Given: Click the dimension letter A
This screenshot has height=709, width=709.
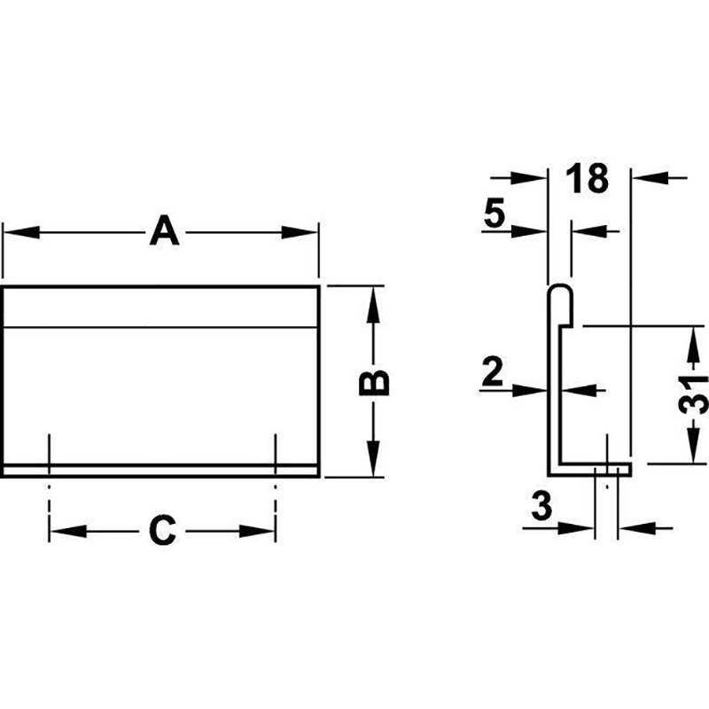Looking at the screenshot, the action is [164, 231].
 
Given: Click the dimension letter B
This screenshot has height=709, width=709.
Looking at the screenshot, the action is [374, 383].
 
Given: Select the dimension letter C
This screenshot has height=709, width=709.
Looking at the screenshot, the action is [162, 530].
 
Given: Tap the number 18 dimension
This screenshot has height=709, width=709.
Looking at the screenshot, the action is [588, 178].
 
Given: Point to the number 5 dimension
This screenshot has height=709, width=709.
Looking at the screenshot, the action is [495, 213].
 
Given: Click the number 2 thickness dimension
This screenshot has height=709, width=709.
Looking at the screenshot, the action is [493, 371].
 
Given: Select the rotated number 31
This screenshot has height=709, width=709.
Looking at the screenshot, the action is [693, 393].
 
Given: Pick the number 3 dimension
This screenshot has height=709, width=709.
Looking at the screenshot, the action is [541, 505].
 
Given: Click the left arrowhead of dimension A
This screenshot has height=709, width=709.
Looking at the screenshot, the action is [21, 232].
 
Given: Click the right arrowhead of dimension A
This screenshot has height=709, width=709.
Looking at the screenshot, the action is [300, 232].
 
